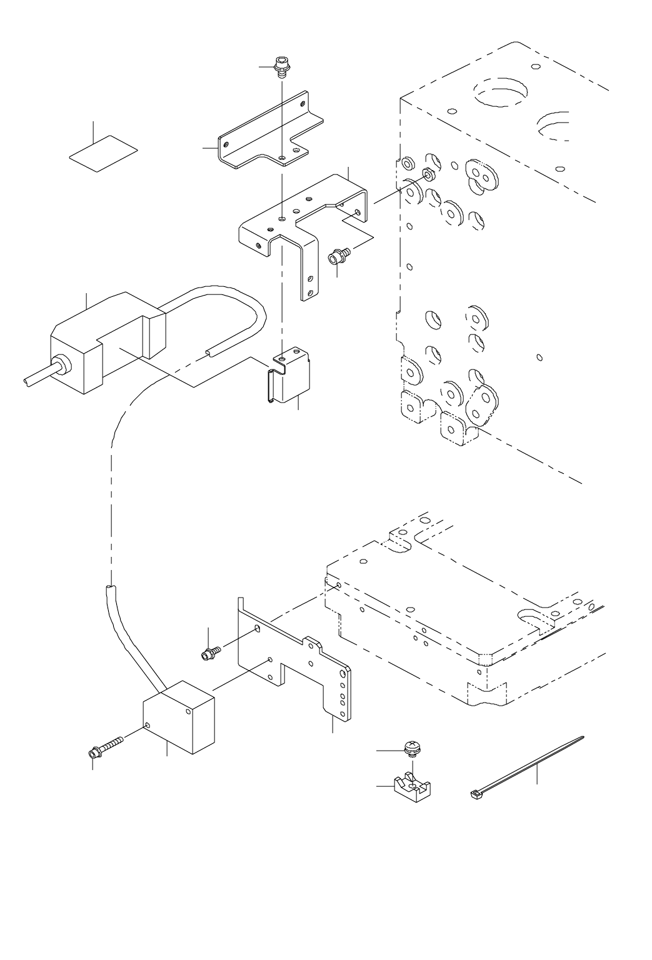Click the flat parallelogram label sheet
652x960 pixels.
tap(103, 152)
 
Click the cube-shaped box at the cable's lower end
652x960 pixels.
tap(179, 717)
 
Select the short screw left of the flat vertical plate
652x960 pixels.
tap(210, 653)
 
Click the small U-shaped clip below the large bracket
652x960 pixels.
tap(288, 377)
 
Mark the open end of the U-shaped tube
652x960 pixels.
tap(209, 354)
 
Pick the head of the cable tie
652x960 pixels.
tap(475, 794)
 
